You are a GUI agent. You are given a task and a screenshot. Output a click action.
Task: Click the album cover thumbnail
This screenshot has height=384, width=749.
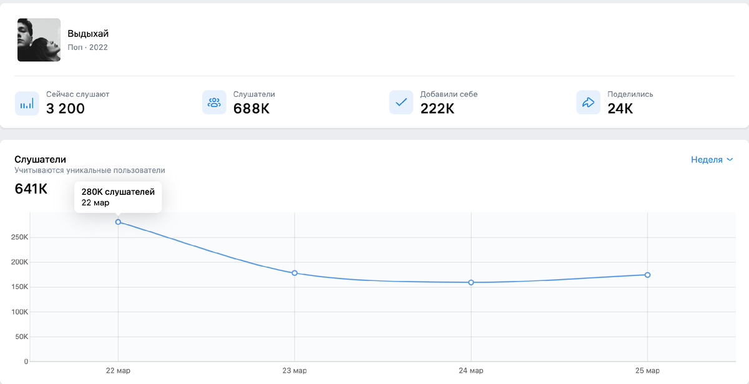pos(39,40)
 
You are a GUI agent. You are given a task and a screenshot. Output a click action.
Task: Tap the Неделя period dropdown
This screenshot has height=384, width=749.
pos(712,160)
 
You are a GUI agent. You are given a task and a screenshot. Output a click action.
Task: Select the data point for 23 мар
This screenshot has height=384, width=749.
pos(295,273)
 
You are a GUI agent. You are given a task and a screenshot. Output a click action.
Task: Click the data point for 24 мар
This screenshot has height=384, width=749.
pos(471,282)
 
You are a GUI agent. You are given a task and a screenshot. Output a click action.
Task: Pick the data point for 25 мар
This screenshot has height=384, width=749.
pos(648,275)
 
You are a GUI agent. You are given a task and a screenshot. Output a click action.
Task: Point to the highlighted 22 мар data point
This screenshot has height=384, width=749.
pos(118,222)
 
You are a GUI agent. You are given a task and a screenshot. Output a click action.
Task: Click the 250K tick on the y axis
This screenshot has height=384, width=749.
pos(20,237)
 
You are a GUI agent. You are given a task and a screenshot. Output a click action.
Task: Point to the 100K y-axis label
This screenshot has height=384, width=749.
pos(20,312)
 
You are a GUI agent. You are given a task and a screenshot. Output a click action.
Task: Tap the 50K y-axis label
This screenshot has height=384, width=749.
pos(22,337)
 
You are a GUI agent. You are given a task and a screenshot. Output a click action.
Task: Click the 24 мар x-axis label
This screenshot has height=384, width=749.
pos(471,371)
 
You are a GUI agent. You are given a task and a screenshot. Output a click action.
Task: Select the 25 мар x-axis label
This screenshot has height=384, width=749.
pos(647,371)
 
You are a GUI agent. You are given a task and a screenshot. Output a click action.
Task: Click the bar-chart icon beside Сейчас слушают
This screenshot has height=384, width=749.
pos(27,102)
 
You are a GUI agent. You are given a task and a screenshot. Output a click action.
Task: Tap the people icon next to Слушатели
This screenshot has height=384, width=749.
pos(214,102)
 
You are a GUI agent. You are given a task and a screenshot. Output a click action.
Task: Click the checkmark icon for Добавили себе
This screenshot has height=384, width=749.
pos(401,102)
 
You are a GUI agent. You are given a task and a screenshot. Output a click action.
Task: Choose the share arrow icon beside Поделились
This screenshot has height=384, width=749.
pos(588,102)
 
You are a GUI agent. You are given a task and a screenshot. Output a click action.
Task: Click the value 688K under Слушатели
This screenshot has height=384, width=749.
pos(252,109)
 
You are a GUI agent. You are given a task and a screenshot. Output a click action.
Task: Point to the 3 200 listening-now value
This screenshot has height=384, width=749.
pos(66,109)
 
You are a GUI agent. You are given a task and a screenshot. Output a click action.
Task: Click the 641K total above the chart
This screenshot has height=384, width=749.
pos(31,189)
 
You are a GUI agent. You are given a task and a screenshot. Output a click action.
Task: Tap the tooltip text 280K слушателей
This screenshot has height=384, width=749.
pos(118,192)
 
